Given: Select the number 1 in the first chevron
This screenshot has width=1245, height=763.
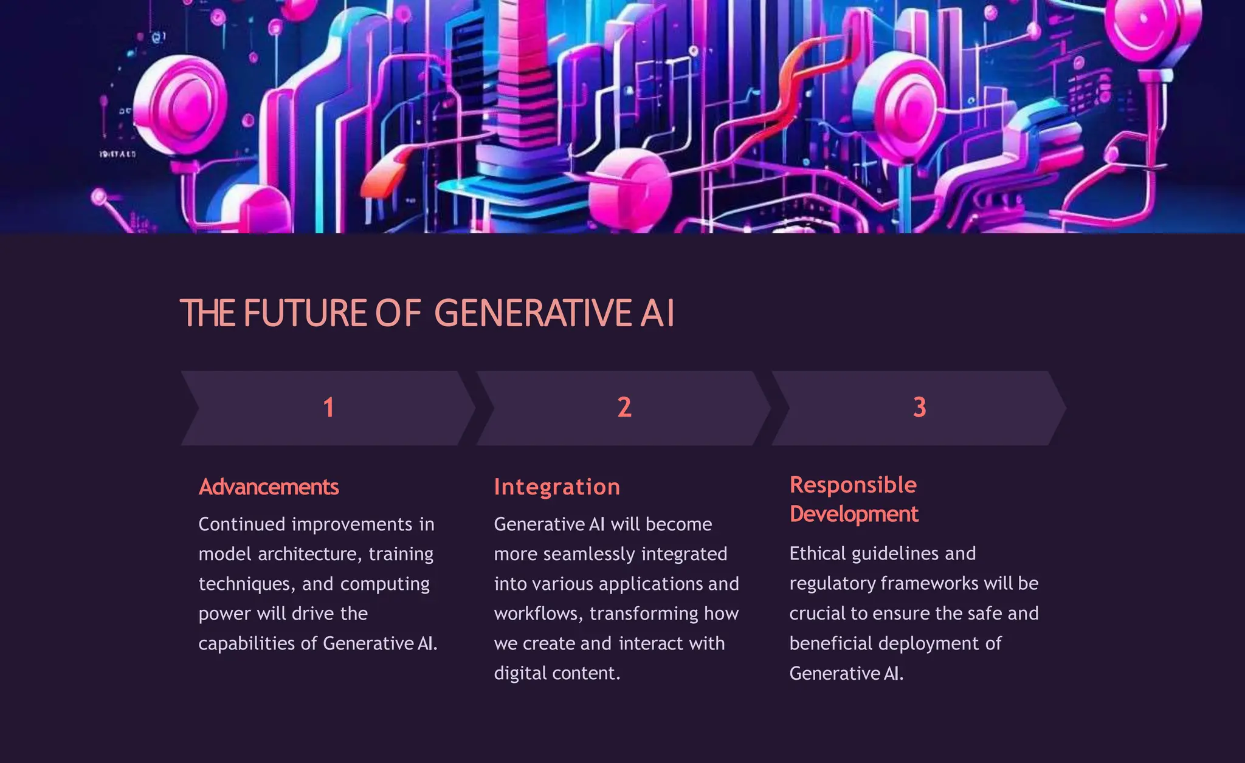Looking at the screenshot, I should tap(328, 408).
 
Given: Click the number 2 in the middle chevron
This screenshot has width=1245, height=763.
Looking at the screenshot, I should tap(624, 408).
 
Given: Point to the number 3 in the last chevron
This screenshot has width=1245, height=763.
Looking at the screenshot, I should tap(919, 408).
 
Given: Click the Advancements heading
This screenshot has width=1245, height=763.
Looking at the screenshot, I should tap(269, 487).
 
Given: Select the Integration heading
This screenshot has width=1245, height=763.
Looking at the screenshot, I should tap(557, 487).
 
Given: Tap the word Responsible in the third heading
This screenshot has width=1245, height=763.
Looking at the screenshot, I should tap(853, 485).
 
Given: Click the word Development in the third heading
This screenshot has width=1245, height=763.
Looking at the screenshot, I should tap(854, 514).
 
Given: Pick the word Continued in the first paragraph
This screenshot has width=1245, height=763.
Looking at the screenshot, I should tap(242, 524).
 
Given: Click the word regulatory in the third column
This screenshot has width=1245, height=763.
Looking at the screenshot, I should tap(832, 583).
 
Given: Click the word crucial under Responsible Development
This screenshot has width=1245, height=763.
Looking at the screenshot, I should tap(816, 614).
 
